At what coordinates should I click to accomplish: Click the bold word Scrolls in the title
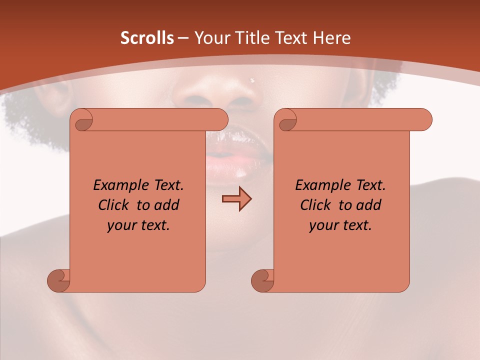click(x=147, y=38)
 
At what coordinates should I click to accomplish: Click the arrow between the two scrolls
click(x=236, y=198)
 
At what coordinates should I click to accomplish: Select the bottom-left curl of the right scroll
click(x=262, y=280)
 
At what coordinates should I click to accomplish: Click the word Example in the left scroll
click(x=118, y=185)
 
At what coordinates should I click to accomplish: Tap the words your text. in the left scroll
click(x=138, y=225)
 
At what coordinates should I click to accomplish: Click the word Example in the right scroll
click(x=320, y=185)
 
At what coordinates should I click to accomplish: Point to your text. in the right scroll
click(x=340, y=225)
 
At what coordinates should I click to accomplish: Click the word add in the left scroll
click(x=166, y=205)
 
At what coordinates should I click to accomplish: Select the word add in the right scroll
click(x=368, y=205)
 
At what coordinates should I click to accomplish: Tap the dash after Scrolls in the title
click(x=183, y=38)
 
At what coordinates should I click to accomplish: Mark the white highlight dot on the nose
click(x=252, y=80)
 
